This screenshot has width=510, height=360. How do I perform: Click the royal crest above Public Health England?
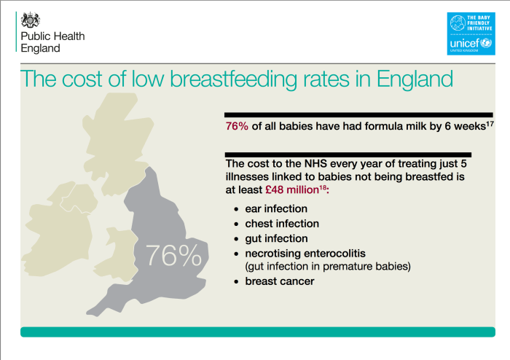30,20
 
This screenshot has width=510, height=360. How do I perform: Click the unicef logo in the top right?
470,34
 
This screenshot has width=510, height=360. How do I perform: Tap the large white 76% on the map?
173,256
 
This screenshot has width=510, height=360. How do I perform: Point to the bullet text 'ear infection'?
276,209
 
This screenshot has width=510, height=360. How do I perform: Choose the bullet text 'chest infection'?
282,224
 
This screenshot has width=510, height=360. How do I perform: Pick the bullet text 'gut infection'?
276,238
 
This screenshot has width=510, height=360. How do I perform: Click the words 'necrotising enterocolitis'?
306,253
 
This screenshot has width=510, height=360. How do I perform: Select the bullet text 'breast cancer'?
280,281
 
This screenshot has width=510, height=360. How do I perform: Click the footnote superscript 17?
490,124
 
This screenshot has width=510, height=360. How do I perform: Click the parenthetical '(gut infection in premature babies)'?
328,266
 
